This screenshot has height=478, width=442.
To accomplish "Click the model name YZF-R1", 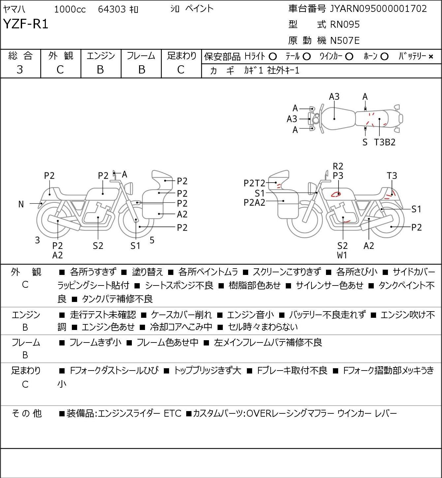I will coord(26,24).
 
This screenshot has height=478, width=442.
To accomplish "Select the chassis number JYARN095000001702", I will coord(378,9).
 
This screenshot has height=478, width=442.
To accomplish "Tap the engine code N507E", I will coord(345,41).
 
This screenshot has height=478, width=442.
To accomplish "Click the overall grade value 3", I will coord(20,70).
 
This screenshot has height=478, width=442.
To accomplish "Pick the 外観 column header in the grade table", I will coord(61,56).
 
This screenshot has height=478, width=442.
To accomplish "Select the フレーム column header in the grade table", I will coord(141,56).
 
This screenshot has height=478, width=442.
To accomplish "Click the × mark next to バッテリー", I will coord(431,57).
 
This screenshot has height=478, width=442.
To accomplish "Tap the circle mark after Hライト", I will coord(273,57).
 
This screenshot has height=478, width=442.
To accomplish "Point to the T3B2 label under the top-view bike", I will coord(385,142).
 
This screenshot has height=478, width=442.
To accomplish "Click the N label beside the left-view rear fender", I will coord(21,204).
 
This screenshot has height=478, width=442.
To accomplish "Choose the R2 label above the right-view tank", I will coord(338,166).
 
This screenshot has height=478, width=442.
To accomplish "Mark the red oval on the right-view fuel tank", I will coord(336,194).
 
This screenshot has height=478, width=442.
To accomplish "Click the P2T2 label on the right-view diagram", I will coord(254,183).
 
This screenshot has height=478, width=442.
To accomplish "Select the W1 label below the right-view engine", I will coord(342,255).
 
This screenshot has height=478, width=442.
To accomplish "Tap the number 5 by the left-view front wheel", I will coord(152,240).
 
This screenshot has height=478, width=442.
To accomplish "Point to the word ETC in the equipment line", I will coord(173,413).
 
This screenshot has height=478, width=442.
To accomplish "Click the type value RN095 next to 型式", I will coord(345,24).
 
